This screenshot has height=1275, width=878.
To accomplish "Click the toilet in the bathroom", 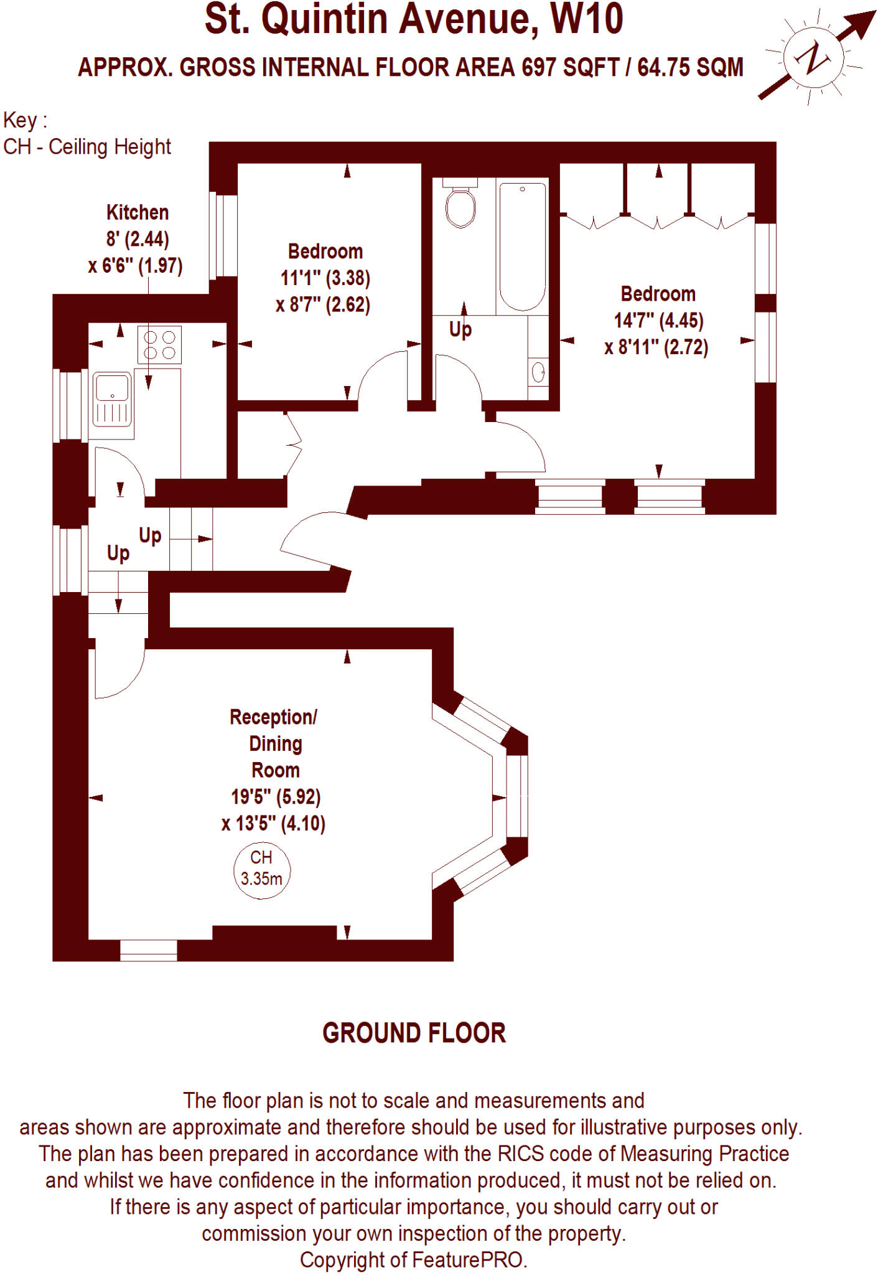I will (x=460, y=205).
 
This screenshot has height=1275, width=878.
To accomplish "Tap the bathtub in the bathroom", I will (x=523, y=246).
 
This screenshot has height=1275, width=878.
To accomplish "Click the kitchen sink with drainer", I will (x=113, y=398).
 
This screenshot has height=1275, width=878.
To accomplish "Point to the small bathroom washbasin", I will (x=538, y=372).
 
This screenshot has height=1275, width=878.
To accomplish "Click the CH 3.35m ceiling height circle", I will (x=261, y=870).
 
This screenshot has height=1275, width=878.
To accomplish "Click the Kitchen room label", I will (x=138, y=212).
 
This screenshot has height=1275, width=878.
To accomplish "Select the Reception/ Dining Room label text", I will (x=274, y=743).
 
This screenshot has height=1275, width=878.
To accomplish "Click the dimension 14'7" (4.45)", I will (x=658, y=321).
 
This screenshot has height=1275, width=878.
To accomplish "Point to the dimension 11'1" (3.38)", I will (x=325, y=278).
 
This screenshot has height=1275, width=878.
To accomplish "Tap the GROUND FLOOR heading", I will (x=414, y=1034).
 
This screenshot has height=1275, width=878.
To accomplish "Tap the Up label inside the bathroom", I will (x=460, y=329).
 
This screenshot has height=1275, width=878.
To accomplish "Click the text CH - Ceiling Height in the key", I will (x=87, y=147).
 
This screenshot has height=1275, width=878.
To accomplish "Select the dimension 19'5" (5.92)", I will (x=275, y=797).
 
